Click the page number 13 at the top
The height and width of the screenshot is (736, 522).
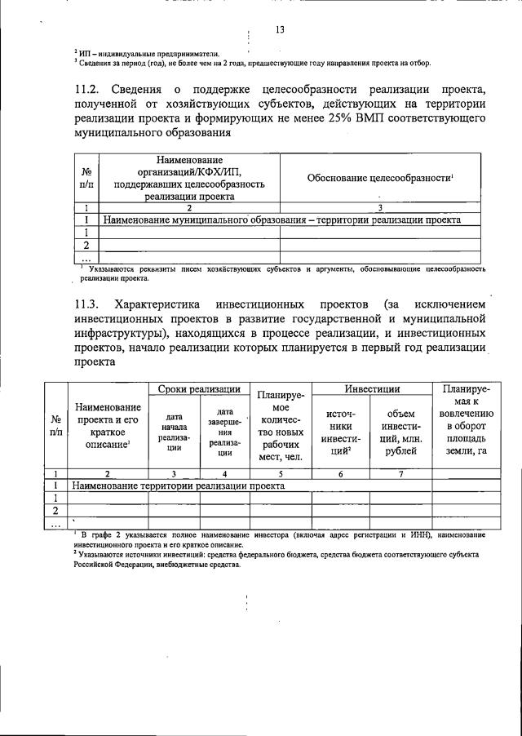tap(280, 31)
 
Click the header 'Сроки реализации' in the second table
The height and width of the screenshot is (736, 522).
tap(199, 389)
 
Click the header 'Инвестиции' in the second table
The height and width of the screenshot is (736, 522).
tap(371, 389)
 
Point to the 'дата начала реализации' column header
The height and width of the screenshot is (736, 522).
tap(174, 432)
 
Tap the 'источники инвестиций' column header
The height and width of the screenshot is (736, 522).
tap(340, 432)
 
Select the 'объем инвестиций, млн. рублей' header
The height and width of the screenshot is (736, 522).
tap(400, 432)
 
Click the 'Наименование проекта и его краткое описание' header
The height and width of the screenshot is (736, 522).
tap(107, 425)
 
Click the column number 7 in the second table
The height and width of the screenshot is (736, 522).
tap(400, 472)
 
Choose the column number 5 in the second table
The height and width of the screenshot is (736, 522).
tap(281, 472)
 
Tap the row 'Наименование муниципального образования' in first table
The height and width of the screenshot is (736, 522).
tap(281, 219)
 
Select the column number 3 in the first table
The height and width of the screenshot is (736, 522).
tap(380, 207)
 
